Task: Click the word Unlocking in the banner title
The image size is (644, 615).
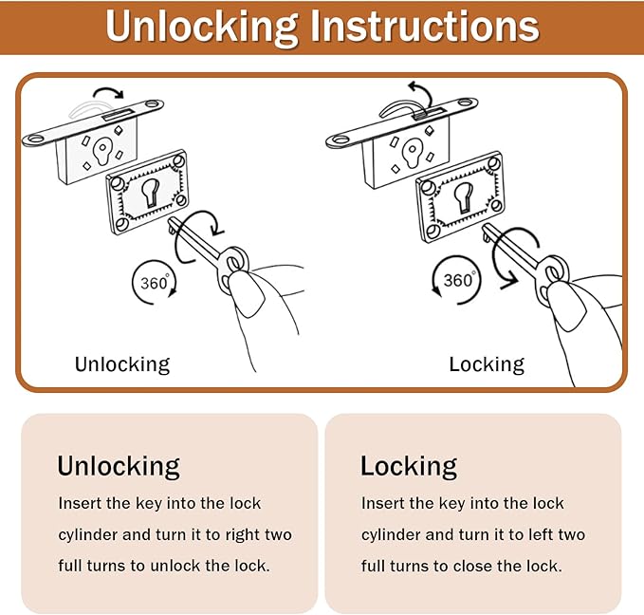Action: [202, 27]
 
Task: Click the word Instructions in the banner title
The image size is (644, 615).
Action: [425, 26]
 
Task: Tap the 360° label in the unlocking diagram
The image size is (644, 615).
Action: [155, 283]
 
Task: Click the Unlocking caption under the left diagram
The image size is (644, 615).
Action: [122, 364]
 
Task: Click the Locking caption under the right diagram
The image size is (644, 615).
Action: [487, 364]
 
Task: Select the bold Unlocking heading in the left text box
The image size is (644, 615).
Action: [119, 467]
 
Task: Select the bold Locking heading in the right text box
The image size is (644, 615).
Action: [409, 467]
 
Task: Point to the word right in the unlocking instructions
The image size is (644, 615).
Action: [242, 535]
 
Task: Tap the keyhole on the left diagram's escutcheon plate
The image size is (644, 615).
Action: [150, 192]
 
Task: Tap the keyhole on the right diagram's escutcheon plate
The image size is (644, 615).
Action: [463, 196]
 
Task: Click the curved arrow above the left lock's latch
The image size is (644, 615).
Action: [109, 92]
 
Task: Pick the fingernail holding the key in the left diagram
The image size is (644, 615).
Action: [246, 294]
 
